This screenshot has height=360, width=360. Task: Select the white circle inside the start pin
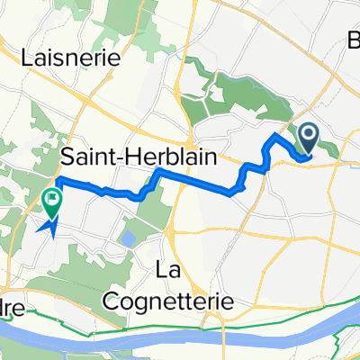point(308,138)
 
